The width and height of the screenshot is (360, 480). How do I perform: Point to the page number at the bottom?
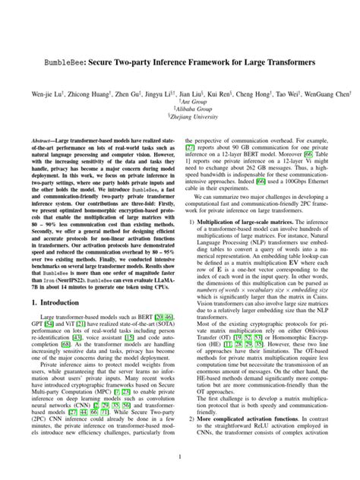coord(180,456)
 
